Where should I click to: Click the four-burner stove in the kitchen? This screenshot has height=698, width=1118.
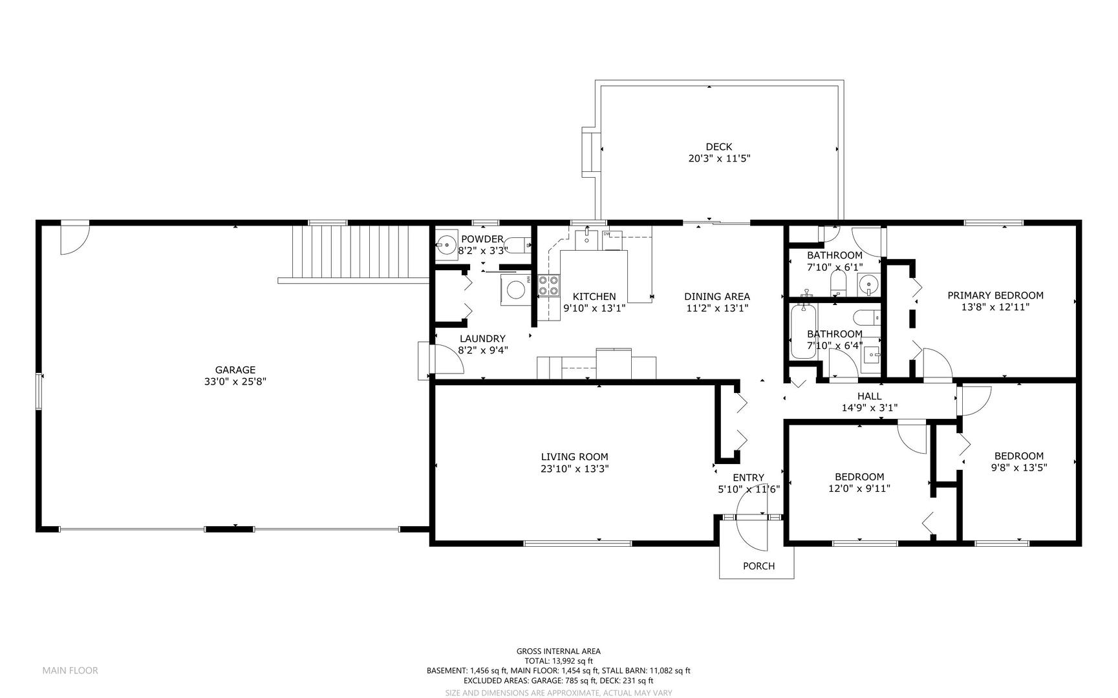(x=549, y=286)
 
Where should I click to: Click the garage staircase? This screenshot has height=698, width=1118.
(x=353, y=253)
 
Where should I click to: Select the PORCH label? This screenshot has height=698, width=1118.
(x=758, y=566)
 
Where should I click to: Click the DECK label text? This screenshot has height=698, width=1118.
(x=719, y=147)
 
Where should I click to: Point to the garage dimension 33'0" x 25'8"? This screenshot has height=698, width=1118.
(x=235, y=381)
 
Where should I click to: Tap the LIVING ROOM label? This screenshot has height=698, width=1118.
(x=575, y=457)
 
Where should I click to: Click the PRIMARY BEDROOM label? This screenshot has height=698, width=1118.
(x=995, y=295)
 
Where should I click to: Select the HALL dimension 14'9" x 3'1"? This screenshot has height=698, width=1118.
(x=870, y=408)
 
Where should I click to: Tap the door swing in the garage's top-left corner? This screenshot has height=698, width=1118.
(x=75, y=238)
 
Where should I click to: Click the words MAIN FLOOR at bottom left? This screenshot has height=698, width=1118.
(x=70, y=670)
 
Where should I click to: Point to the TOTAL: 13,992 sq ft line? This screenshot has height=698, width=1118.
(x=559, y=661)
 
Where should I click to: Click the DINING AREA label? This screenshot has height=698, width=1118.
(x=717, y=297)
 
